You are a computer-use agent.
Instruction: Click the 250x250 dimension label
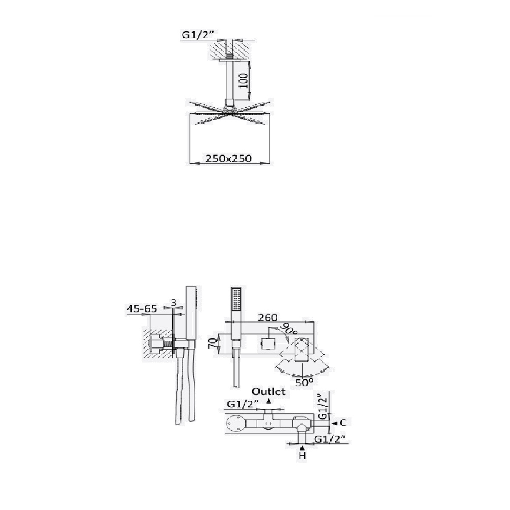[229, 159]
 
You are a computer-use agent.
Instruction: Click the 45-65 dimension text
[142, 309]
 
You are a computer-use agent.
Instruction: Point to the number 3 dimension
[173, 303]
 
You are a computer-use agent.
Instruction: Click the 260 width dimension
[268, 317]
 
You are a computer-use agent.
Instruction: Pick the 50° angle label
[304, 382]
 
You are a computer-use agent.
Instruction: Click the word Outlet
[269, 399]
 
